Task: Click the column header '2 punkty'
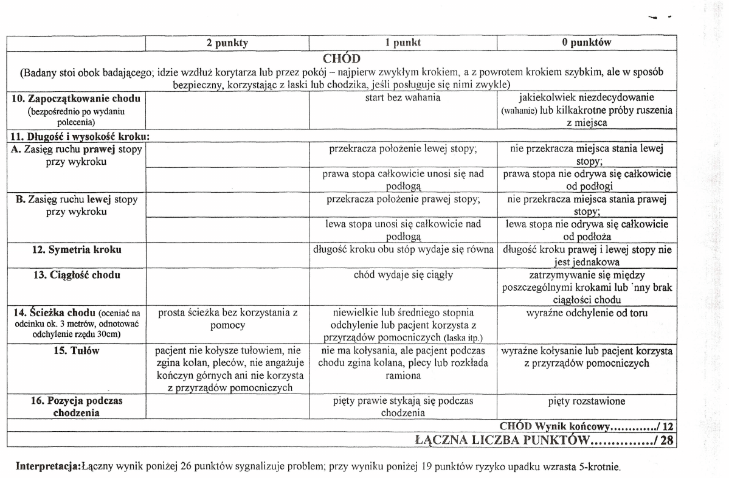[x=227, y=43]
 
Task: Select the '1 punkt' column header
[x=403, y=43]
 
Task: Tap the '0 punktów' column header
[x=586, y=43]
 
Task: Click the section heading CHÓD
[x=342, y=58]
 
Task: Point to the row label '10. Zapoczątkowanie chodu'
[x=76, y=99]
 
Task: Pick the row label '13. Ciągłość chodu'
[x=76, y=275]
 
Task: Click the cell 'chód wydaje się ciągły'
[x=403, y=275]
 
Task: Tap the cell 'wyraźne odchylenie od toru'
[x=586, y=313]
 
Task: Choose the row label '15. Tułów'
[x=76, y=351]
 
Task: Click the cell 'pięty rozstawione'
[x=586, y=401]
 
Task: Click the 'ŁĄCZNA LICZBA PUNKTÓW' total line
[x=545, y=440]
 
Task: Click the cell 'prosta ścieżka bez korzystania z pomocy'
[x=227, y=319]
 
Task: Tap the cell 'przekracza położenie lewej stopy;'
[x=403, y=148]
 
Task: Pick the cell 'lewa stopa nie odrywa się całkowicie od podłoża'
[x=586, y=230]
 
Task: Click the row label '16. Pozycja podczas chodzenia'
[x=76, y=407]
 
